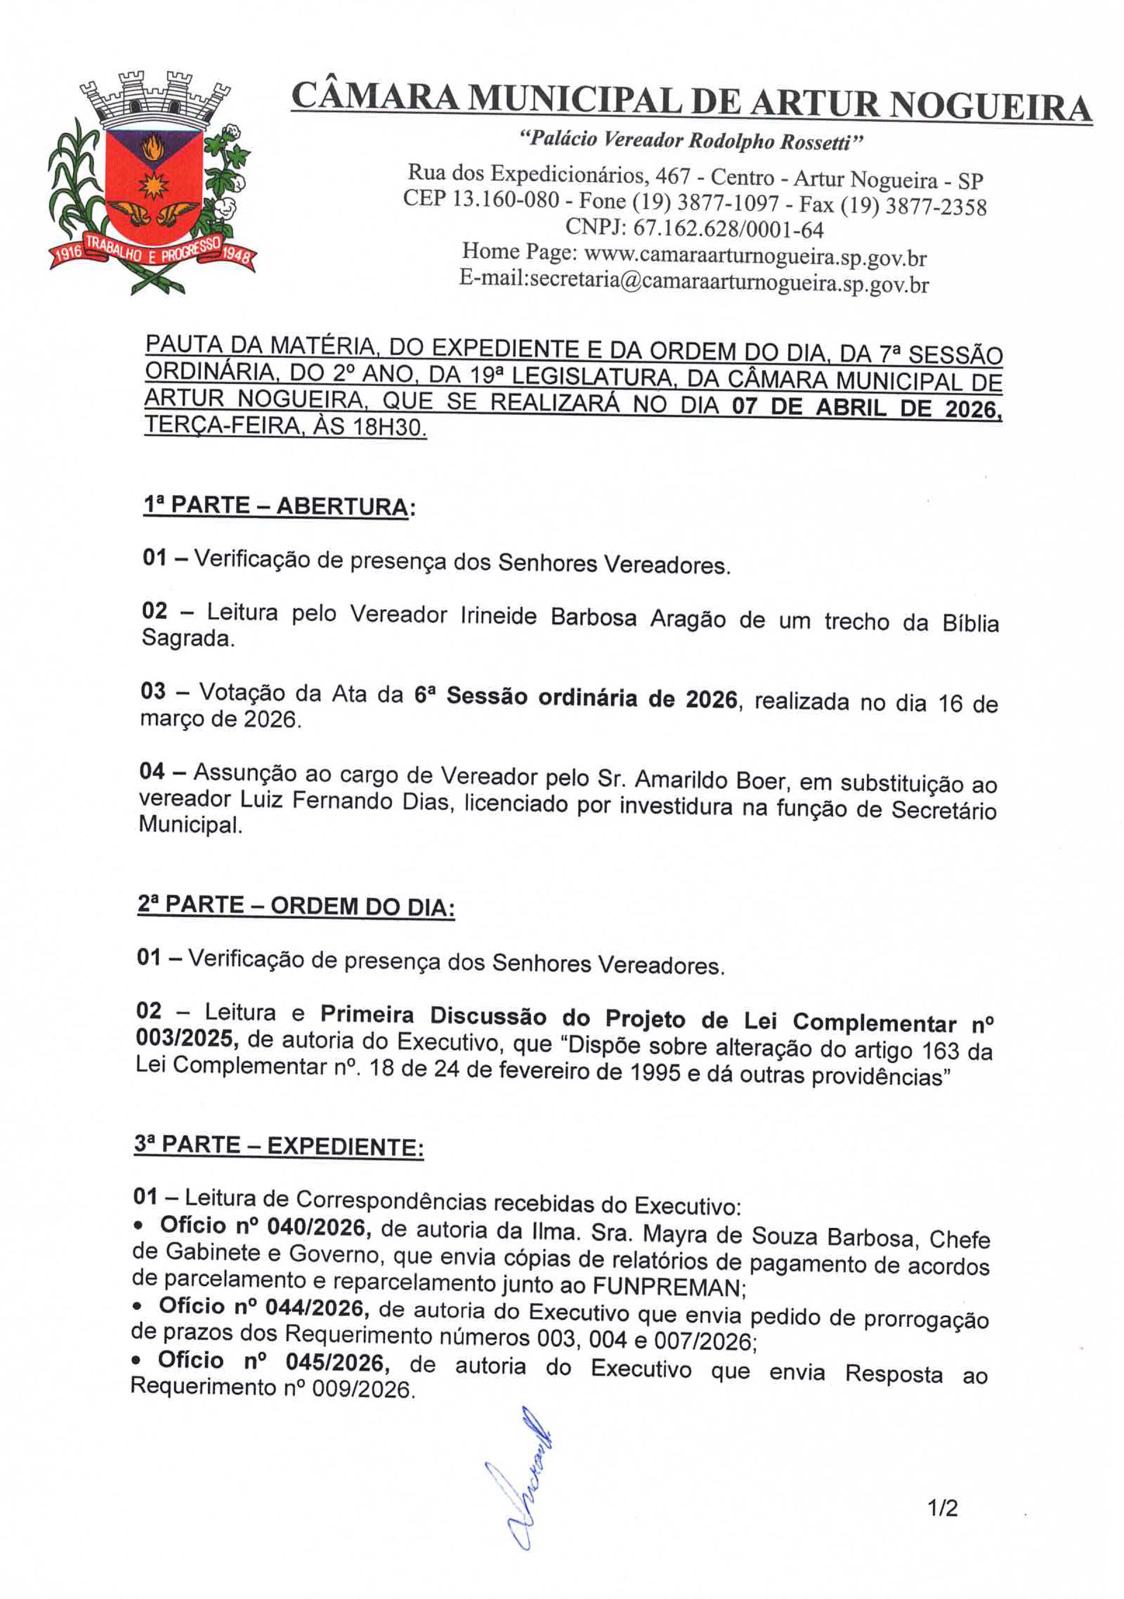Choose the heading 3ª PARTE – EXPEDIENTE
(x=279, y=1146)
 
